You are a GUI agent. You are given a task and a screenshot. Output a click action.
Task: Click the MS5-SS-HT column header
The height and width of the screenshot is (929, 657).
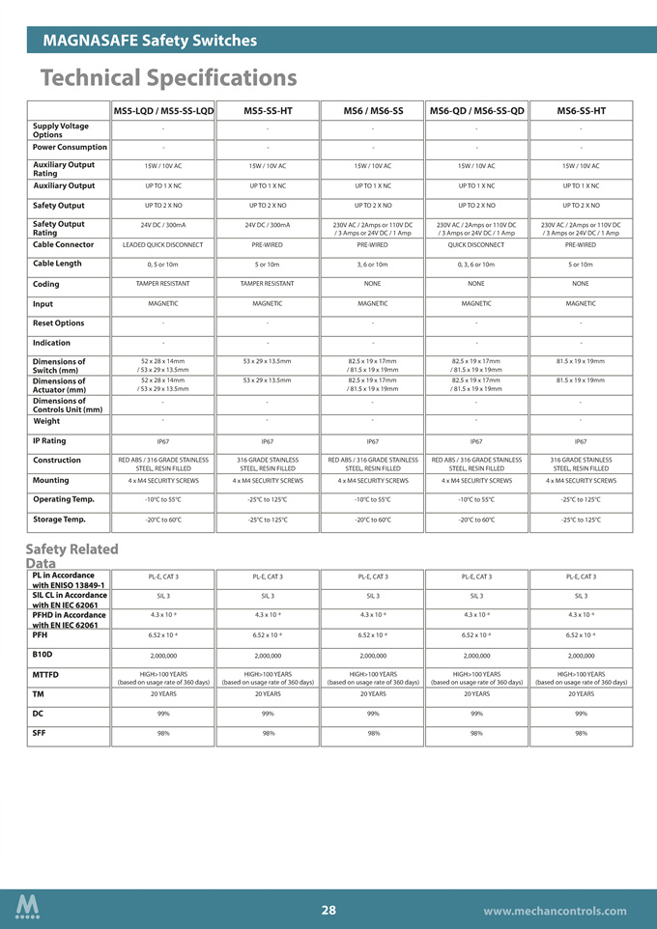(268, 111)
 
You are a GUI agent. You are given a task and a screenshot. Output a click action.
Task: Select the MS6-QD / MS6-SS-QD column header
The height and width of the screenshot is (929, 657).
(476, 111)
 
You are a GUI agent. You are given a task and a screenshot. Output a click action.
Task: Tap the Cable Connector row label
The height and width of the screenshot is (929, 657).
(64, 245)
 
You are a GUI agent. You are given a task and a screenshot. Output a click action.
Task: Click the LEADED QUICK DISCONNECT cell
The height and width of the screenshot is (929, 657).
(163, 245)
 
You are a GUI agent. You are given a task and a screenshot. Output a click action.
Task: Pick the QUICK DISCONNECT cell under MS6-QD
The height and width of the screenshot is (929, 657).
(476, 245)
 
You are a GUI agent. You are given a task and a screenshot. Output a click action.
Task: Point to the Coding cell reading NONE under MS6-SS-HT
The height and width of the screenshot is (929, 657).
(581, 284)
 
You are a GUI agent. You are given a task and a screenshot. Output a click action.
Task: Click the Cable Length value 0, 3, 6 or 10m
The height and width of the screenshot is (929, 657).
(476, 265)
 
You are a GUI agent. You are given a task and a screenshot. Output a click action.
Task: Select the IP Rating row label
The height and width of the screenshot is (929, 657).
(49, 440)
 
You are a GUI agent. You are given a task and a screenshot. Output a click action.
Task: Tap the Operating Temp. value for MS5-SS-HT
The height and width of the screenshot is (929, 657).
(268, 499)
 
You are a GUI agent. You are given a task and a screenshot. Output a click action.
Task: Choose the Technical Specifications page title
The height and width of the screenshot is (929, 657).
(168, 77)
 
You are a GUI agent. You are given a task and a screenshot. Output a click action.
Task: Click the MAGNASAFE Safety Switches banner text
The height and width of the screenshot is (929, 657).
(150, 41)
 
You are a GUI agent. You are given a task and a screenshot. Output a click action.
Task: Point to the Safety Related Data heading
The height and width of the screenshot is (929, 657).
(71, 555)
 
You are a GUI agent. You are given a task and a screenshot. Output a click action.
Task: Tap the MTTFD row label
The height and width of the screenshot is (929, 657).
(45, 674)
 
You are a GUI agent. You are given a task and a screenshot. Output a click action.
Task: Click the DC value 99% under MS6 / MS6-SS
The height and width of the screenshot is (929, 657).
(372, 714)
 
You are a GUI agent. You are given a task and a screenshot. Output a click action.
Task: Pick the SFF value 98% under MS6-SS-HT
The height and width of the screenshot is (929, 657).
(581, 733)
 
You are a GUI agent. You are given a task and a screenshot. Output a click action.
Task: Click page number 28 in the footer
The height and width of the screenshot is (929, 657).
(328, 911)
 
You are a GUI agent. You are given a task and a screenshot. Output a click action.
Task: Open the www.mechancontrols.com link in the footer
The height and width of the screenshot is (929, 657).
(555, 911)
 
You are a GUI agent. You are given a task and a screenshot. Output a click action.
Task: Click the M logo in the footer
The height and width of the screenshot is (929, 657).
(28, 908)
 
